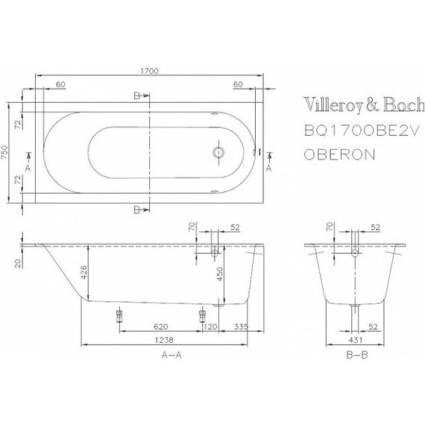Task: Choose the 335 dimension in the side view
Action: point(240,327)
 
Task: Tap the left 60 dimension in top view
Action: point(60,84)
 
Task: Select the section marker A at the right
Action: point(268,169)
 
